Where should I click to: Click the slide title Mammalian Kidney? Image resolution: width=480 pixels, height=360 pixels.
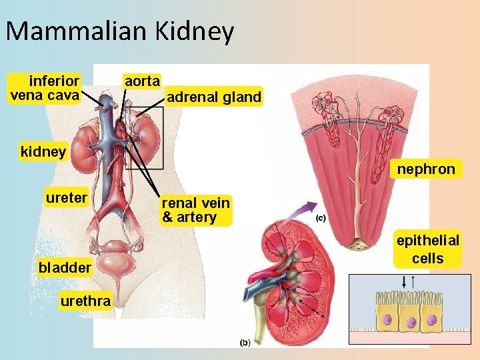click(x=120, y=31)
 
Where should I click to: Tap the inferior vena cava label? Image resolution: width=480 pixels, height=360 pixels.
click(x=45, y=88)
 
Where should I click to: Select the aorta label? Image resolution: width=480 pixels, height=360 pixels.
click(x=142, y=81)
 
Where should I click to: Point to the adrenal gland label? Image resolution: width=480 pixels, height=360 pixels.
click(x=213, y=97)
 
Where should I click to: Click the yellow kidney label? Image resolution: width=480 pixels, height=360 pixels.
click(x=43, y=151)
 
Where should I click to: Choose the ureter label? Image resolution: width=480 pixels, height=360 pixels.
click(x=66, y=198)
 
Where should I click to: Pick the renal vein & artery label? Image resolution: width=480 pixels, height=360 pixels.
click(x=195, y=210)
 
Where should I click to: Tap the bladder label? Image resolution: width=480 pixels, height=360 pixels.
click(x=65, y=268)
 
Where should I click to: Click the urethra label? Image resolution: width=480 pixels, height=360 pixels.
click(x=85, y=301)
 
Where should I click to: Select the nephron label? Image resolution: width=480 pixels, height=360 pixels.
click(x=425, y=169)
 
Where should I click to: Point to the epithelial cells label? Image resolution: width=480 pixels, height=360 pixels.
click(x=427, y=249)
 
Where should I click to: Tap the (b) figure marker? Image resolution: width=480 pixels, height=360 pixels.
click(x=245, y=343)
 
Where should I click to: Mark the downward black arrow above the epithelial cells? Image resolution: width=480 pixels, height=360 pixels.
click(x=402, y=283)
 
